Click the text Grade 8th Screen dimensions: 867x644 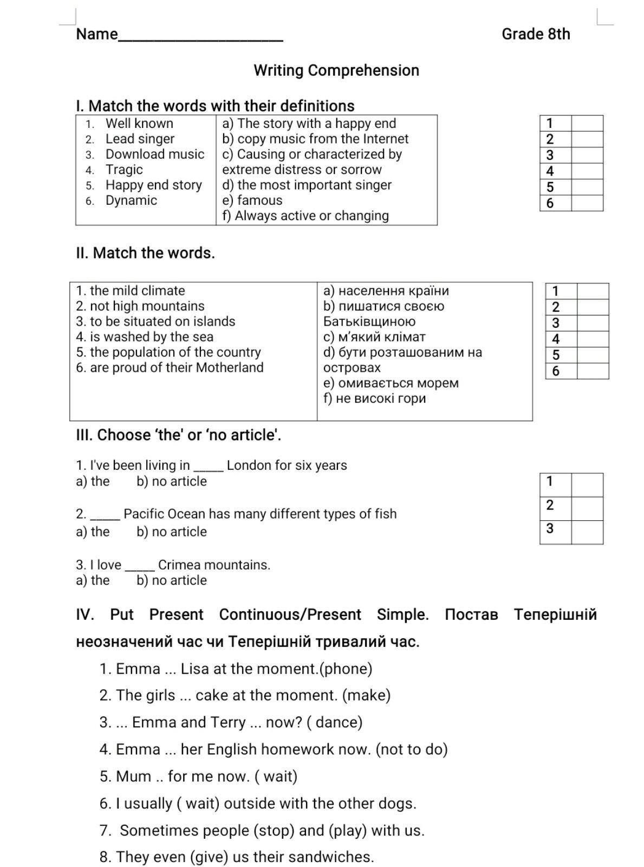[x=536, y=34]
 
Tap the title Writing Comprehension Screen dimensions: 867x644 [x=336, y=70]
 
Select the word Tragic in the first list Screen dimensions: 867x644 [x=124, y=170]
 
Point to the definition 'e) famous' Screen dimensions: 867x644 [x=252, y=200]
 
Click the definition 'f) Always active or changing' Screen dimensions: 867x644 [x=305, y=216]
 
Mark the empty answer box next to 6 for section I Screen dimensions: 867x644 [x=587, y=203]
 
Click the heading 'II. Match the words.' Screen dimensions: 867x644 [x=145, y=253]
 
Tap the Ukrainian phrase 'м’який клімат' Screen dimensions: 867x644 [x=382, y=337]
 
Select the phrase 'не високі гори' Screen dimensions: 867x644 [x=381, y=399]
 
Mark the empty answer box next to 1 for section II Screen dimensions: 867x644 [x=593, y=291]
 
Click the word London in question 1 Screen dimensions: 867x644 [x=249, y=465]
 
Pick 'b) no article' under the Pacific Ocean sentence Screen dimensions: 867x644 [x=172, y=532]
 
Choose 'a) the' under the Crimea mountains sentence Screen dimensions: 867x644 [x=93, y=580]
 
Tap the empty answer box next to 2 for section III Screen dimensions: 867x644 [x=587, y=509]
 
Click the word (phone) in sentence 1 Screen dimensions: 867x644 [x=346, y=669]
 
